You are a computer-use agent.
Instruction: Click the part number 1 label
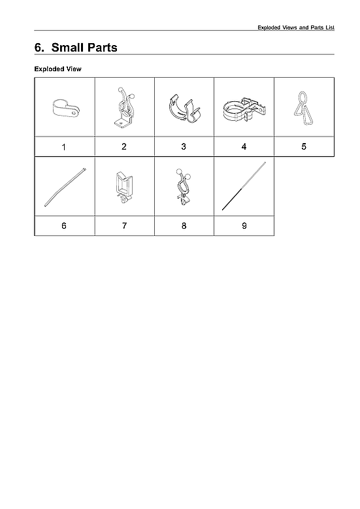[63, 147]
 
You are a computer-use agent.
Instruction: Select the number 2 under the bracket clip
[124, 147]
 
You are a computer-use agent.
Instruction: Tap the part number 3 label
[184, 147]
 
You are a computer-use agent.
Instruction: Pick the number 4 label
[244, 147]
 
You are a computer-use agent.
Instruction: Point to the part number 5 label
[304, 147]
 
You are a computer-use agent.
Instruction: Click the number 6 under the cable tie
[63, 225]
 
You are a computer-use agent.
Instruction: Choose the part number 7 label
[124, 225]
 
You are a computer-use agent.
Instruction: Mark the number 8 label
[184, 225]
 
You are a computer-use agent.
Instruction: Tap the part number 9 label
[244, 225]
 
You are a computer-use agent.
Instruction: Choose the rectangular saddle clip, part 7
[124, 186]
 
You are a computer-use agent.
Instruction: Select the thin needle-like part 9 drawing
[244, 186]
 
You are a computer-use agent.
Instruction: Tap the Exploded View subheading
[57, 69]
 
